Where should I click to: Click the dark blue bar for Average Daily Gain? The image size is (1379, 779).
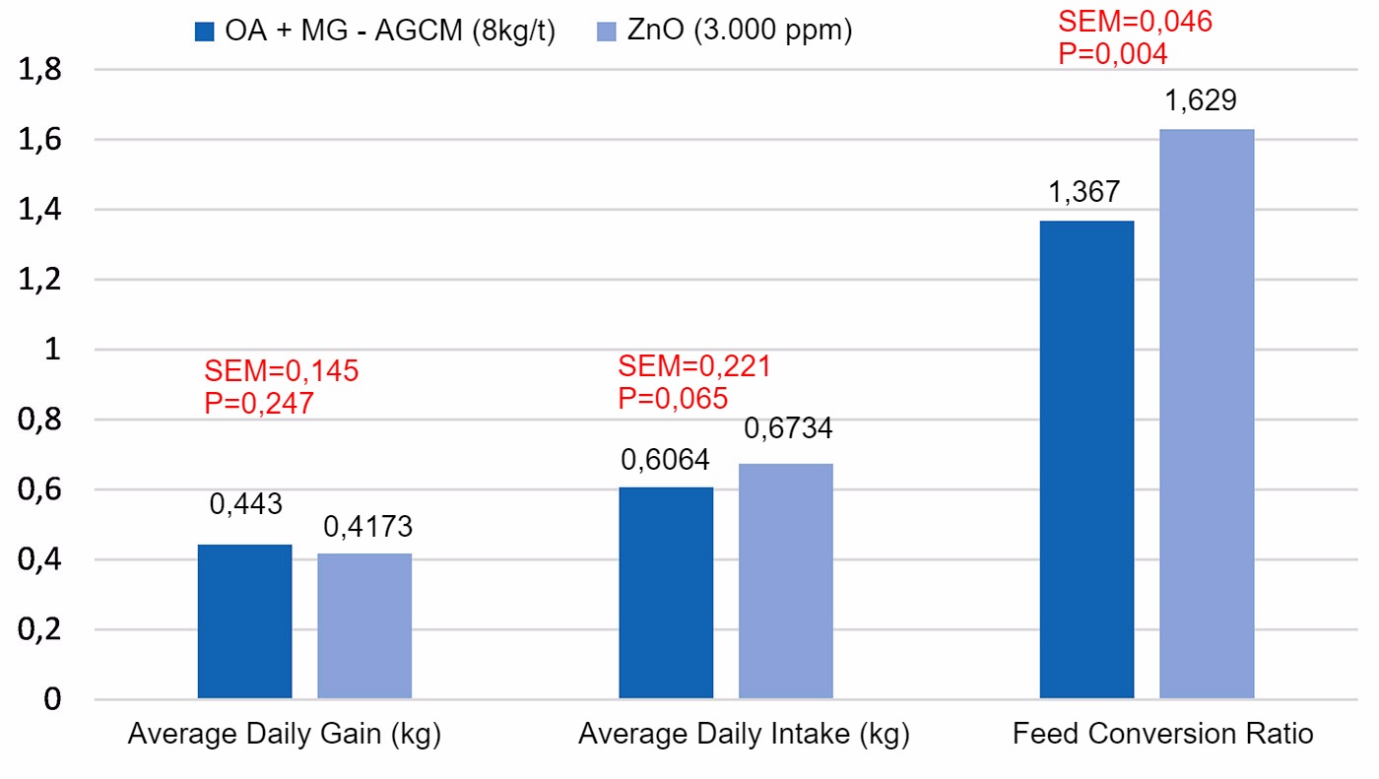(x=244, y=621)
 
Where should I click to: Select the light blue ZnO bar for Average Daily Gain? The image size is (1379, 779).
(x=364, y=626)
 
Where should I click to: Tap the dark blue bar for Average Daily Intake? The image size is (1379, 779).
(x=666, y=593)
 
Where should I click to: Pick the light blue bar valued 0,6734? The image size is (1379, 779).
(x=786, y=581)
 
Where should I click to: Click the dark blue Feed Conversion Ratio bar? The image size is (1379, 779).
(x=1086, y=460)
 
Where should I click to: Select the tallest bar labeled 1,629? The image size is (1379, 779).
(x=1207, y=414)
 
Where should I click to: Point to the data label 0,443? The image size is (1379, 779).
(x=245, y=505)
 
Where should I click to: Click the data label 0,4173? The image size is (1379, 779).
(x=368, y=527)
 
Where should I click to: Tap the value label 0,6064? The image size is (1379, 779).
(x=665, y=459)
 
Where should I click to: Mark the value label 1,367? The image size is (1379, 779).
(x=1084, y=193)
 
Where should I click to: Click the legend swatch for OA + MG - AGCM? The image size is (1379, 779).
(x=204, y=32)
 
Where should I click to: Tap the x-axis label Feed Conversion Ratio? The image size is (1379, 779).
(x=1162, y=735)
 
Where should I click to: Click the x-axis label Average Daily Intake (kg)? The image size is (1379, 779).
(x=744, y=735)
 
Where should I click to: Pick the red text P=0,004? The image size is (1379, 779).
(x=1113, y=53)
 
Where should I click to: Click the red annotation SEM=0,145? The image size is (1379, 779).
(x=282, y=371)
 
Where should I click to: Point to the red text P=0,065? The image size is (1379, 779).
(x=673, y=398)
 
